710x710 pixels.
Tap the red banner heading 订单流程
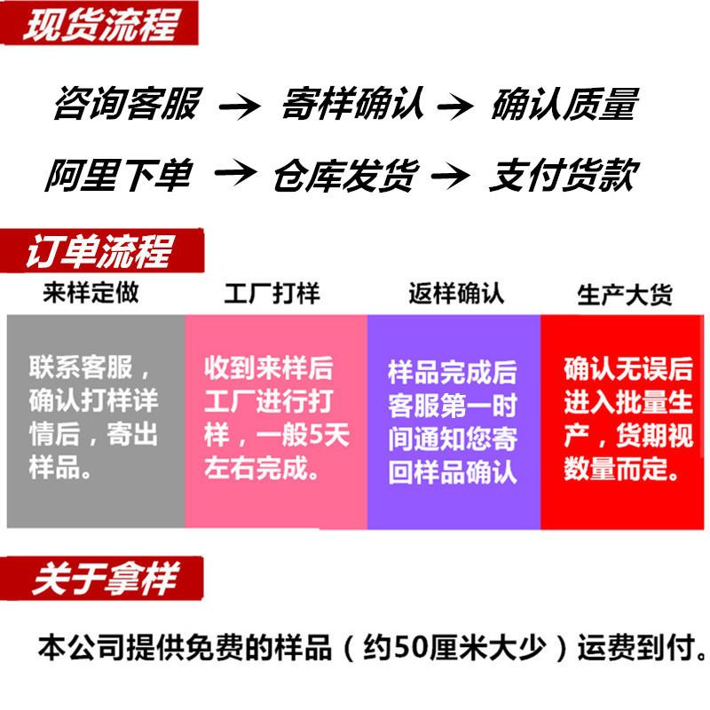click(98, 251)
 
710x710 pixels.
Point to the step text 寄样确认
click(352, 105)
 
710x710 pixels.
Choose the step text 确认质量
click(564, 105)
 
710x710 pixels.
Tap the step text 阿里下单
click(118, 174)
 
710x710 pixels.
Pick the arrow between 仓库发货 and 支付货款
click(454, 176)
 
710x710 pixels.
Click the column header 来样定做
click(91, 291)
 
